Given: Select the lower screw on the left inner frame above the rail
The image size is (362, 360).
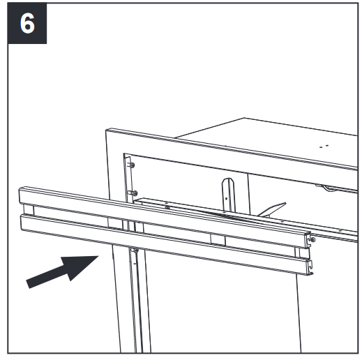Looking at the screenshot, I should click(x=135, y=193).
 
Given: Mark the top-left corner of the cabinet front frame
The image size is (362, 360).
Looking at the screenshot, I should click(x=109, y=129).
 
